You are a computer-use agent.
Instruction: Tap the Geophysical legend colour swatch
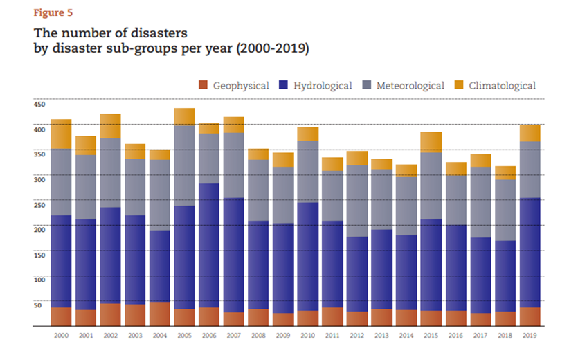203,85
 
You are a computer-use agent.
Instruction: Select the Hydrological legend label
323,86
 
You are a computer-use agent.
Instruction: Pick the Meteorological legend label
410,86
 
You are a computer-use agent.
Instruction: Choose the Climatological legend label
502,86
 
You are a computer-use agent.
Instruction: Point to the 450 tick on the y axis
39,104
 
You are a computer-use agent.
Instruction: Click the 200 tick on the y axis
39,229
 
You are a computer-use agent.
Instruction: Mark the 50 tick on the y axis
39,305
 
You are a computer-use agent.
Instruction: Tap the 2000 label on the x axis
61,335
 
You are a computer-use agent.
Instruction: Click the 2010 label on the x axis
308,335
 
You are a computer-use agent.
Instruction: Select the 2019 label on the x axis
530,335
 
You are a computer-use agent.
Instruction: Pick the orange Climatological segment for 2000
61,134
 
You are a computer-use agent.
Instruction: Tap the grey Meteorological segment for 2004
160,195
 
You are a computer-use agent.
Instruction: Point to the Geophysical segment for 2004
160,314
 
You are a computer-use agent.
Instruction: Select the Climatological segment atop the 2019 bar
530,133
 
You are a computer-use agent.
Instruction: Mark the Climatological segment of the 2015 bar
431,142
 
